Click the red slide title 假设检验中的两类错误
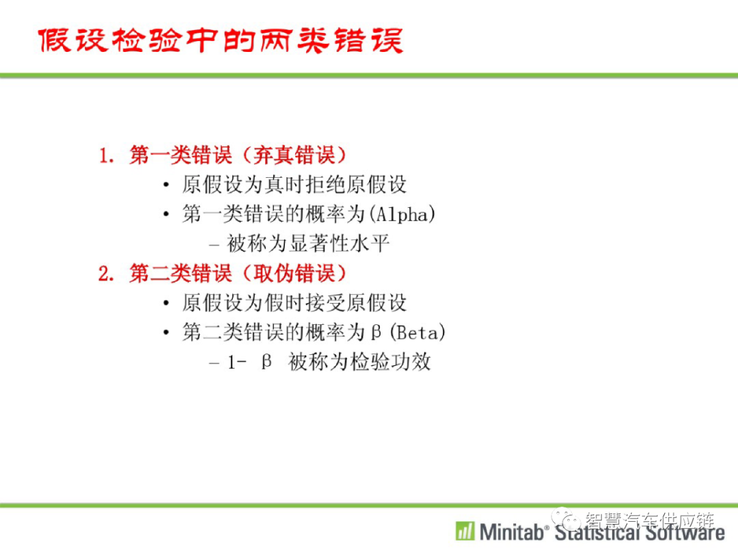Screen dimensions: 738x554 coord(220,40)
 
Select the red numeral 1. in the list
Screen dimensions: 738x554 coord(107,155)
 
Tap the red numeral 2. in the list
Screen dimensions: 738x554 coord(107,274)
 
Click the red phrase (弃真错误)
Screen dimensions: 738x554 coord(294,155)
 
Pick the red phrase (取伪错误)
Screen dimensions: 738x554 coord(294,274)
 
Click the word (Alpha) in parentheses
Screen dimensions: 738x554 coord(402,214)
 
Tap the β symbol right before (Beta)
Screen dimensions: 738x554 coord(376,332)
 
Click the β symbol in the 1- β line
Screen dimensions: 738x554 coord(266,362)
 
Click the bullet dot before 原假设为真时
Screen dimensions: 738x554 coord(165,185)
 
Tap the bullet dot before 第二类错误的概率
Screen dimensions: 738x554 coord(165,332)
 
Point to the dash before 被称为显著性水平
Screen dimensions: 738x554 coord(214,245)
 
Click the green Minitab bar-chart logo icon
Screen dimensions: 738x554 coord(465,531)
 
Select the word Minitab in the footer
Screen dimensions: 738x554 coord(511,532)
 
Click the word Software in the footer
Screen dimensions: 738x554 coord(685,532)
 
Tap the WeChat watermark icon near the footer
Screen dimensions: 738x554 coord(566,519)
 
